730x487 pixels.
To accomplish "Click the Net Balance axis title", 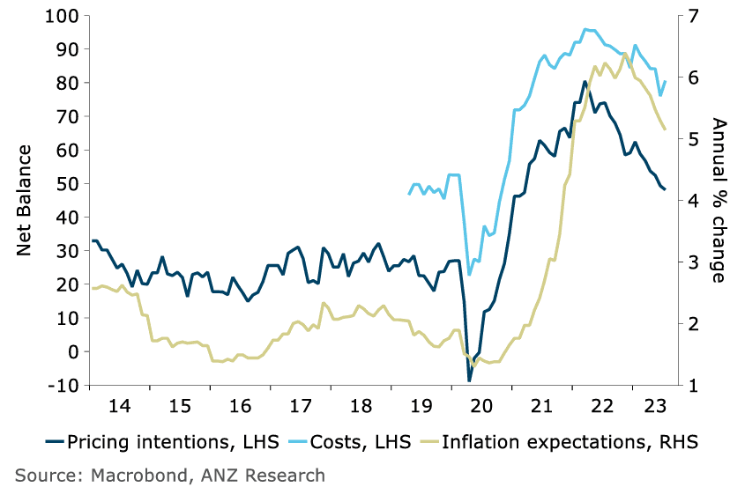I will coord(26,201).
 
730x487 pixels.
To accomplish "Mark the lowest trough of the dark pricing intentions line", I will coord(470,380).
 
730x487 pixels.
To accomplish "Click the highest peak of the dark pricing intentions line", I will coord(585,82).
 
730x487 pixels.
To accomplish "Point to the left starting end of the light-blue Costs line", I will coord(409,194).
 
